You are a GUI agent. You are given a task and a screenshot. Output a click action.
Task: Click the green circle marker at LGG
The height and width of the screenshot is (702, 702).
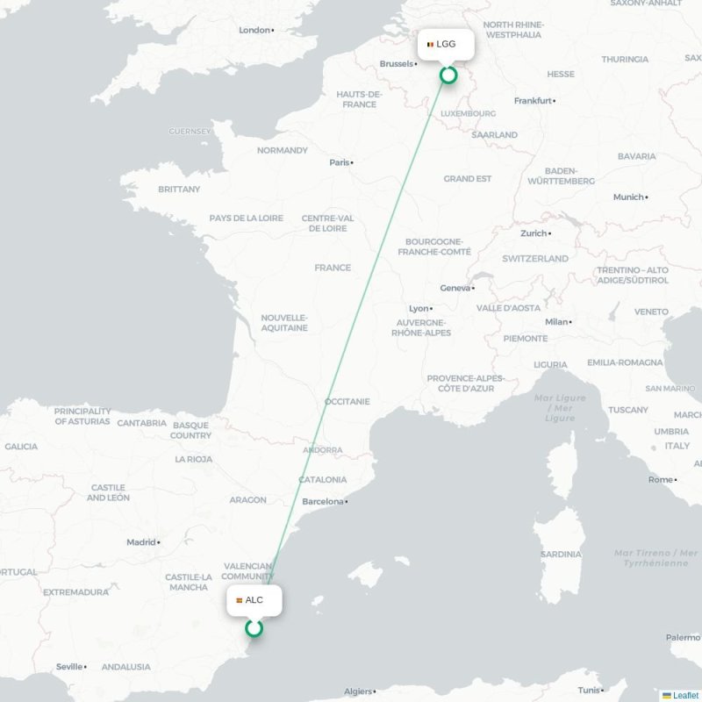[448, 75]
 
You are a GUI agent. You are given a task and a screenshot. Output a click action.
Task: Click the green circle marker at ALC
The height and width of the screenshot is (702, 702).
[254, 628]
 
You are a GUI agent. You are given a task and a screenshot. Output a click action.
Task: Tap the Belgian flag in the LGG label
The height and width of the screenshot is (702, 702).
[430, 44]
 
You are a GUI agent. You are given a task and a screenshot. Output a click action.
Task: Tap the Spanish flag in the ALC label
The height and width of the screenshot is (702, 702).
[239, 600]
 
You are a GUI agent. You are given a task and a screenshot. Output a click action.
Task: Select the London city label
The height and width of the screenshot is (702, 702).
[254, 30]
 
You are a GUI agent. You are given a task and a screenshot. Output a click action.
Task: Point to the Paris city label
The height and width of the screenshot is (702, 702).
[339, 162]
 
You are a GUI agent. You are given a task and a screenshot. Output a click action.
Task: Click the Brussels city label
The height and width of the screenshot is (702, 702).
[397, 64]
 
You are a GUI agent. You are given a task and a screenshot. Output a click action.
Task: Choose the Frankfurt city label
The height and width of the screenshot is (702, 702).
[533, 101]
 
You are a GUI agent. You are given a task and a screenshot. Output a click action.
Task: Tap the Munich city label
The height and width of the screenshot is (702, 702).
[628, 197]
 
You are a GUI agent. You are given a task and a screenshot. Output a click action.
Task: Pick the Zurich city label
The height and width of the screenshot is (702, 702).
[533, 233]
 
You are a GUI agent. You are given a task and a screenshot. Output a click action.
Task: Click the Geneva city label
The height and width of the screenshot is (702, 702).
[455, 288]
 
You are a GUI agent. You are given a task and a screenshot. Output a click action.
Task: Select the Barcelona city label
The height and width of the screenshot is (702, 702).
[322, 502]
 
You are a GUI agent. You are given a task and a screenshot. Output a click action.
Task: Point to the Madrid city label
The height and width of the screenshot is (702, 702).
[140, 542]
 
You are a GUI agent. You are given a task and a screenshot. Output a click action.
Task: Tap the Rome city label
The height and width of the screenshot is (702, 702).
[660, 480]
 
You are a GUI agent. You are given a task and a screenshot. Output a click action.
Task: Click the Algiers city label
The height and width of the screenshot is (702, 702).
[358, 691]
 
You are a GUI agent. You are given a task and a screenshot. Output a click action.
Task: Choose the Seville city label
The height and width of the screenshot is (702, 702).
[69, 667]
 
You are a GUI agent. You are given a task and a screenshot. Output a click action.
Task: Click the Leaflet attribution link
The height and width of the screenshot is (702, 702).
[685, 695]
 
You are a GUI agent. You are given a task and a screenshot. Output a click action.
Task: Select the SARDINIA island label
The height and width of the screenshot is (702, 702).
[561, 555]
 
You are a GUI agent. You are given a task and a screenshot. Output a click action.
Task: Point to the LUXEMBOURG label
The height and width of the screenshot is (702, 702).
[468, 114]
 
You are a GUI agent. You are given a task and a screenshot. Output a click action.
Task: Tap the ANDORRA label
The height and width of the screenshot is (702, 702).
[322, 450]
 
